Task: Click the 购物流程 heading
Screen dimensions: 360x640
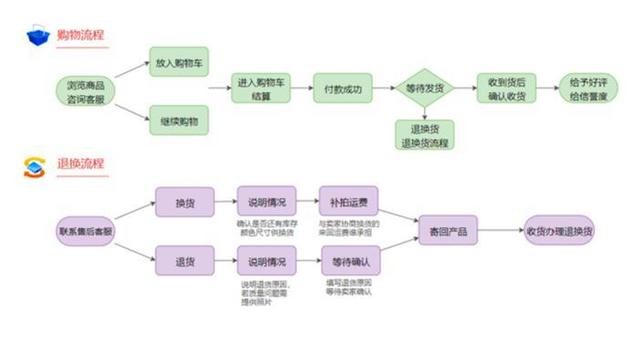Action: tap(82, 36)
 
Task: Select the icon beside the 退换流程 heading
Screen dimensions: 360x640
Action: tap(37, 166)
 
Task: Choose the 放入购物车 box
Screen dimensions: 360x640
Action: tap(178, 61)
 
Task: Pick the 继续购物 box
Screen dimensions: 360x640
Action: tap(178, 121)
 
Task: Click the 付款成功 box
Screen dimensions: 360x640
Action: tap(342, 88)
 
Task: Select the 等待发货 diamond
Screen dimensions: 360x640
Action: tap(425, 89)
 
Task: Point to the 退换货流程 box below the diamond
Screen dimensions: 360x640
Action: tap(425, 134)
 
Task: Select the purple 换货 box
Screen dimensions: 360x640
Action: tap(184, 202)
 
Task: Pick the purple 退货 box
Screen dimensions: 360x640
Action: tap(184, 262)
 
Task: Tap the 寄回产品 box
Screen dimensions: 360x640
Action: tap(448, 231)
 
